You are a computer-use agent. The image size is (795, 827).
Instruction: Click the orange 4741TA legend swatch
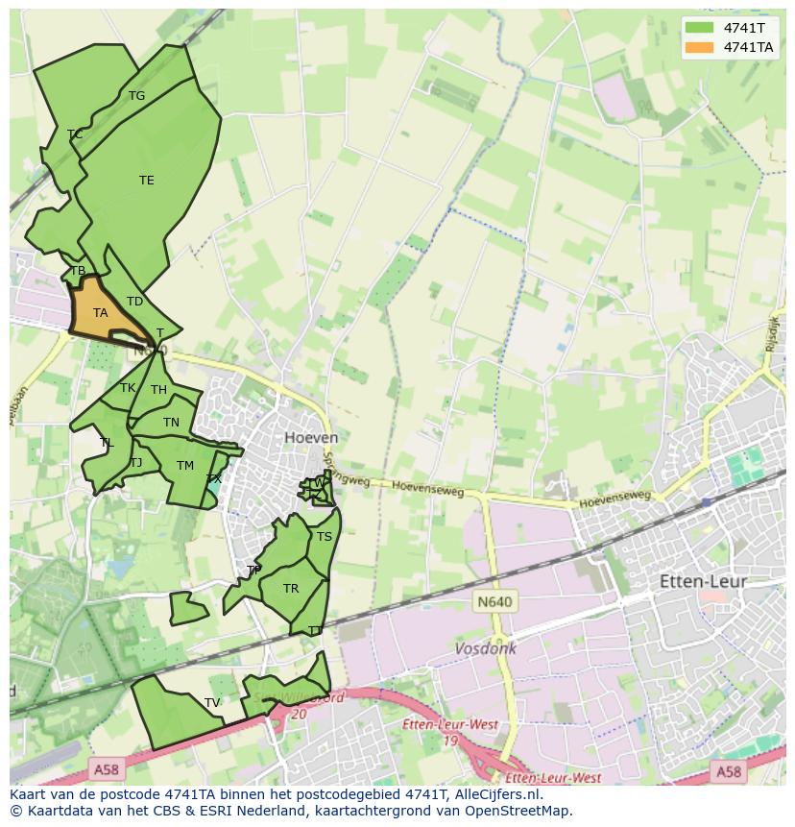pos(700,47)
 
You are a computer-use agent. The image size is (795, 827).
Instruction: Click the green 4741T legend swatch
pos(700,28)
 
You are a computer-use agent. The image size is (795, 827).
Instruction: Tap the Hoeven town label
pos(311,437)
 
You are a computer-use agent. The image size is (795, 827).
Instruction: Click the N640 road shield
pos(494,601)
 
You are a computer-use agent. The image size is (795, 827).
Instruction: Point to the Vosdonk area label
pos(485,648)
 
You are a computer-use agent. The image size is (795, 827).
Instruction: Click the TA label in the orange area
pos(100,312)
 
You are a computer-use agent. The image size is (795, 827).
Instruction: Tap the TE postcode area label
pos(146,180)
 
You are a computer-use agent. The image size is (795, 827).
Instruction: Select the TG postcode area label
pos(136,95)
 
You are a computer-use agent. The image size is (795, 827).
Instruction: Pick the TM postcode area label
pos(185,465)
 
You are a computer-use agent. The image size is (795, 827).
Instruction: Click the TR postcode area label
pos(291,588)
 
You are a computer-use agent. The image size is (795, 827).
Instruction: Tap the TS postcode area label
pos(325,536)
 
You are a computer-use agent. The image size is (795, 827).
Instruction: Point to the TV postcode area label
pos(212,702)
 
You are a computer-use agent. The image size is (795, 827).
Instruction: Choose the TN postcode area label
pos(171,422)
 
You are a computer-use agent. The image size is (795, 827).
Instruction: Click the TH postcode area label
pos(158,389)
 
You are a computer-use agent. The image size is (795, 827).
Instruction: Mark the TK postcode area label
pos(128,387)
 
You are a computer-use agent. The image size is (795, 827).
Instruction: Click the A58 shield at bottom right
pos(728,770)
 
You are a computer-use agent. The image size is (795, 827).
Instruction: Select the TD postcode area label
pos(134,301)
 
